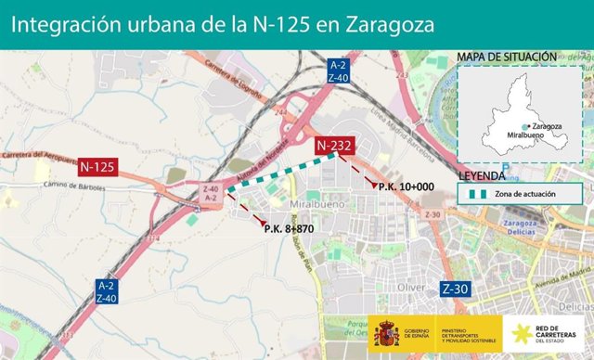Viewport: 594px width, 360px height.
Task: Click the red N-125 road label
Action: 97,168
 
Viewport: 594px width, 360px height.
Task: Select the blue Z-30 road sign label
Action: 455,289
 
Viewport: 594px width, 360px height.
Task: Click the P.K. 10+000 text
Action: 407,186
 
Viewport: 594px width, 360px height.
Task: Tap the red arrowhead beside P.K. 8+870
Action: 263,220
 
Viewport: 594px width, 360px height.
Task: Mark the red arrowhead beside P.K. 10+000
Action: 373,186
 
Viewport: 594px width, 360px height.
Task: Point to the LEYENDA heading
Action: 482,175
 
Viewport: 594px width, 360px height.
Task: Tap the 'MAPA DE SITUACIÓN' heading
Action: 507,58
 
